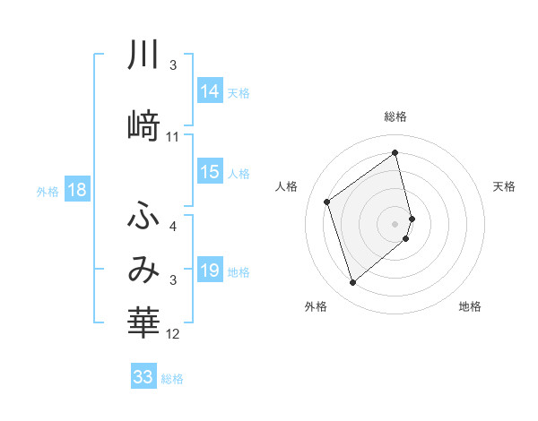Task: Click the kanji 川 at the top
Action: pos(144,56)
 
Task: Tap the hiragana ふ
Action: pos(144,216)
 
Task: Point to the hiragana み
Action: pos(144,270)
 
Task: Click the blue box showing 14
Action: pos(210,91)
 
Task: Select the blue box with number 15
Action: pos(210,172)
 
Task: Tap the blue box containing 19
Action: pos(210,271)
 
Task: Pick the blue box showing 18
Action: pos(76,190)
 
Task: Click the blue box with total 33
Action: pos(143,377)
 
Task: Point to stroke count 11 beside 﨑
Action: pos(173,137)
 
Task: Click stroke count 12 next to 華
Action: pos(173,334)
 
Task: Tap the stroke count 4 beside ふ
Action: pos(173,227)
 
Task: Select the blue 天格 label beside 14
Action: pos(238,92)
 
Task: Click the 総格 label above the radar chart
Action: pos(395,116)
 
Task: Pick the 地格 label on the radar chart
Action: pos(470,306)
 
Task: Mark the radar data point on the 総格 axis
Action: pos(395,153)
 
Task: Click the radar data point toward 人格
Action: pos(327,202)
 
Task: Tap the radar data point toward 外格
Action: pos(352,283)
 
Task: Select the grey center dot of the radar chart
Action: pos(395,222)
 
